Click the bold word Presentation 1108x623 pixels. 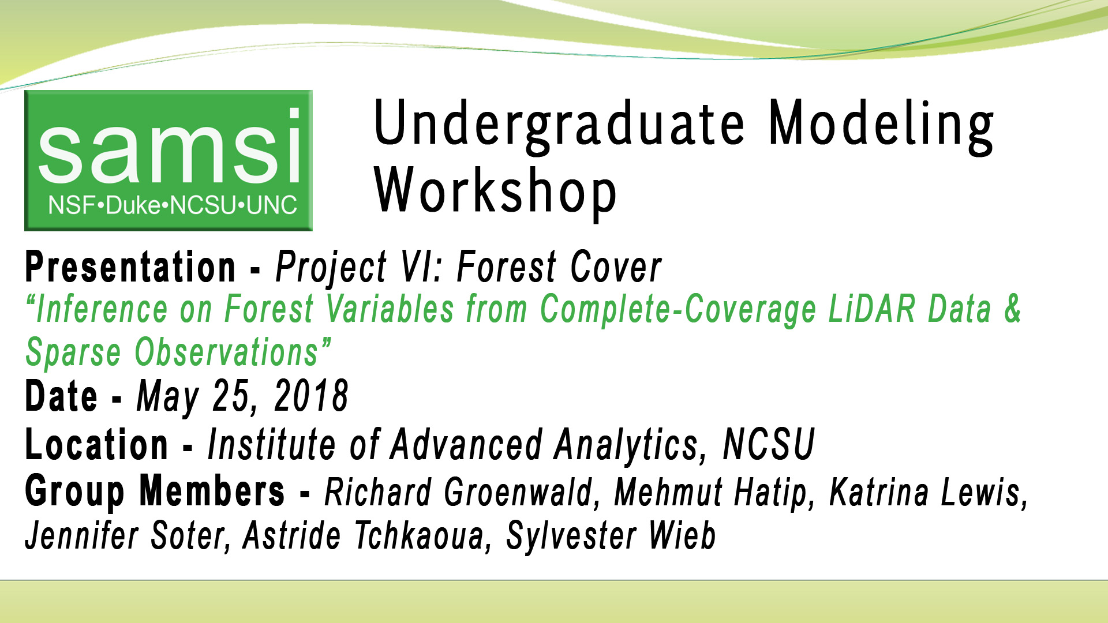point(130,267)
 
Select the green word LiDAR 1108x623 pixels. point(872,309)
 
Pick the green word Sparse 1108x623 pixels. point(73,352)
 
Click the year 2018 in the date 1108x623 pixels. point(311,396)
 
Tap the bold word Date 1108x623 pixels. point(61,396)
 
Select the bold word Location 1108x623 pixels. point(96,445)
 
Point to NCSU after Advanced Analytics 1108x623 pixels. point(768,445)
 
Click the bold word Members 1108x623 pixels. point(212,491)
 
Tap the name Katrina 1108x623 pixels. point(879,493)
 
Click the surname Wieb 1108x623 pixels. point(682,536)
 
